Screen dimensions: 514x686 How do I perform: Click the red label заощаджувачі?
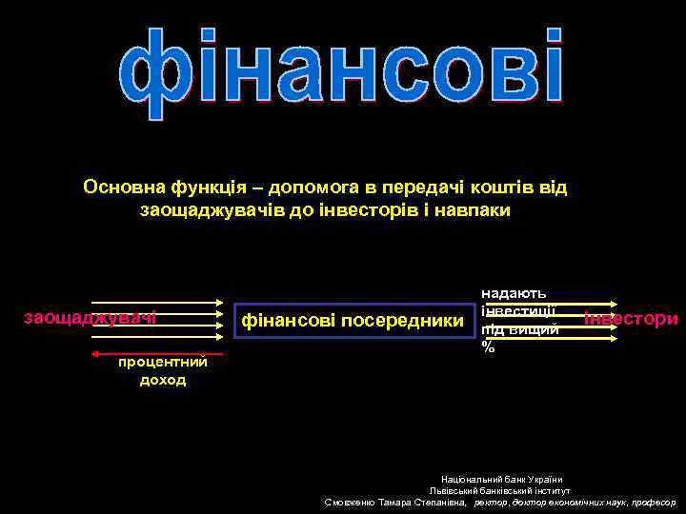click(90, 317)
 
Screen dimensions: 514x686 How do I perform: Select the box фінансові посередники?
click(353, 321)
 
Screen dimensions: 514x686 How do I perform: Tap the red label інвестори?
click(631, 318)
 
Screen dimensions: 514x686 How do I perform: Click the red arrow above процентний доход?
click(157, 353)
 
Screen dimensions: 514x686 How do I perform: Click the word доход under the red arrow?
click(163, 380)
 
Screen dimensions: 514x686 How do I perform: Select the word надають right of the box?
click(514, 294)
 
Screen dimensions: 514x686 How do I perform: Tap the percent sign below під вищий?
click(489, 347)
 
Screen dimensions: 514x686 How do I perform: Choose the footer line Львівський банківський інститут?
click(500, 489)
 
